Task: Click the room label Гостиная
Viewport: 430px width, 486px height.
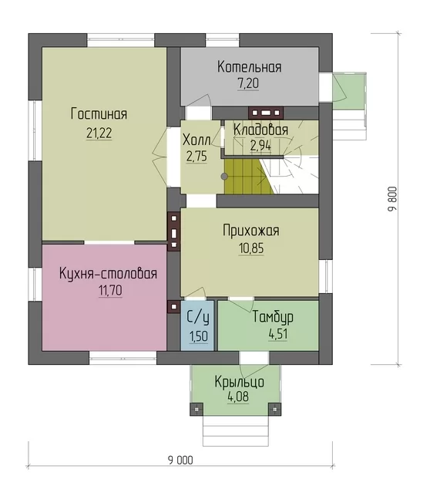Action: (99, 113)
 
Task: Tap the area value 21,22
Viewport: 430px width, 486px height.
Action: (99, 133)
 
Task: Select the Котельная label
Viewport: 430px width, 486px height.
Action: (250, 67)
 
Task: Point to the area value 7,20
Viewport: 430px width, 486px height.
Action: (248, 83)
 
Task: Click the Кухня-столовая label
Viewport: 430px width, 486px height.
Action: (108, 274)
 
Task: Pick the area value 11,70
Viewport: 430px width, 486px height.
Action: (110, 290)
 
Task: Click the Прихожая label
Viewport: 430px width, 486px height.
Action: (251, 231)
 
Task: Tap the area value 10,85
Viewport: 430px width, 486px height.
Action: (251, 248)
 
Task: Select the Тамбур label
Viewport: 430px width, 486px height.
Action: (273, 317)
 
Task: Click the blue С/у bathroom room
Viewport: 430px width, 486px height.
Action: (197, 326)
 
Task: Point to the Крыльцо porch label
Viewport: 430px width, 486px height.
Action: (240, 382)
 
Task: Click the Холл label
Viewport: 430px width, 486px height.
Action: (197, 140)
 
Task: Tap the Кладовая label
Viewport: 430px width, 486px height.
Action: (260, 130)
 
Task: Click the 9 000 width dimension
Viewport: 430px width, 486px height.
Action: (180, 461)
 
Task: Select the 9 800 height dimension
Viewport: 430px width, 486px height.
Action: (392, 199)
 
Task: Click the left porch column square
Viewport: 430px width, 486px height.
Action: (197, 410)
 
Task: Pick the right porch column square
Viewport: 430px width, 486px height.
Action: (274, 410)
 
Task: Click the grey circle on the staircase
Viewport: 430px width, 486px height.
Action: (224, 177)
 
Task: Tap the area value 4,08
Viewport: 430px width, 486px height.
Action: (238, 397)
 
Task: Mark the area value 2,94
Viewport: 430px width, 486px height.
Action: (260, 146)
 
